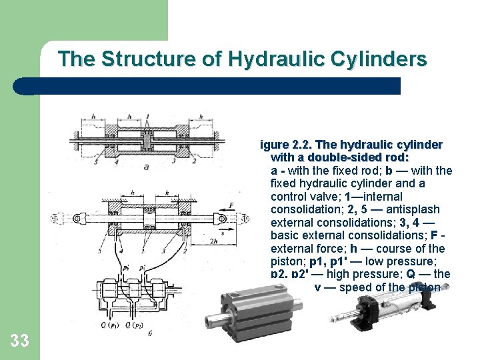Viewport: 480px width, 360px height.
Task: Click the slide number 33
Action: pos(20,341)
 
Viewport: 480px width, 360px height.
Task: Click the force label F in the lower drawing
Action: pos(231,206)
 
